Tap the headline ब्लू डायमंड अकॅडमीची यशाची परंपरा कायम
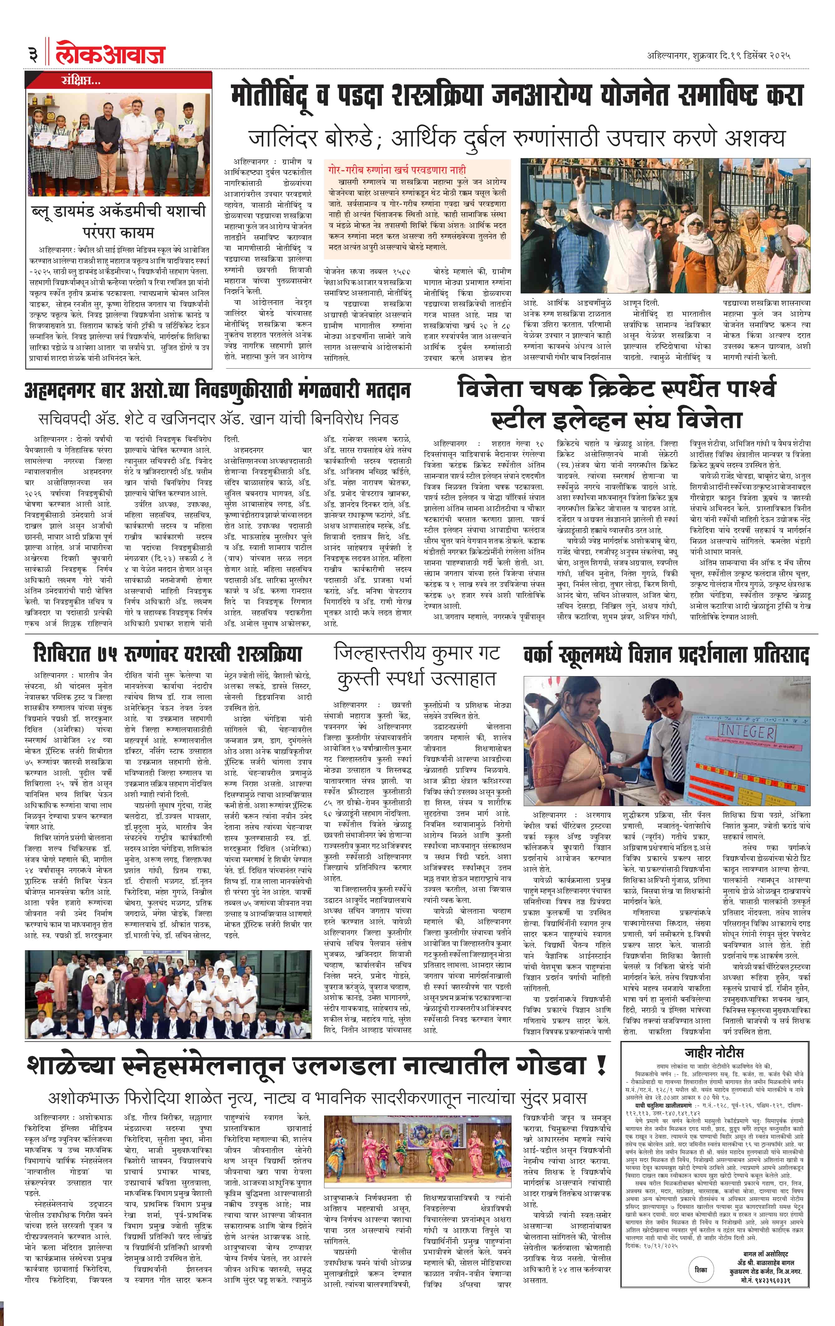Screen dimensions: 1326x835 [x=119, y=220]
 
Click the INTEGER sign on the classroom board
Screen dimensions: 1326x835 [x=747, y=732]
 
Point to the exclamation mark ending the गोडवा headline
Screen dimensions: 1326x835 [x=601, y=1067]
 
